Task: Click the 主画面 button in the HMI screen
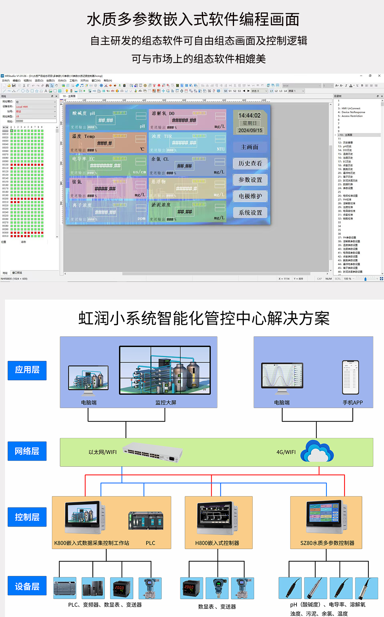tap(250, 147)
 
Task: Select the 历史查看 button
tap(250, 163)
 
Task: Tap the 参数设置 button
tap(250, 180)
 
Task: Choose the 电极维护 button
tap(250, 196)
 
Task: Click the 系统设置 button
tap(250, 212)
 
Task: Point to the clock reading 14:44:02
tap(250, 116)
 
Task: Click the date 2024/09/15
tap(250, 131)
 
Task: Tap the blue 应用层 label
tap(27, 370)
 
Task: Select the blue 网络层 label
tap(27, 451)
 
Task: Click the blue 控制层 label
tap(27, 517)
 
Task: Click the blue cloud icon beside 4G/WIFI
tap(317, 451)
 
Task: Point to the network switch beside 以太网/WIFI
tap(153, 452)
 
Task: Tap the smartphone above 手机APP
tap(351, 377)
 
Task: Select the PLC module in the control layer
tap(146, 521)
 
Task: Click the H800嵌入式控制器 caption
tap(217, 543)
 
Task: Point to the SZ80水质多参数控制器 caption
tap(327, 543)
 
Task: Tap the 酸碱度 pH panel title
tap(84, 114)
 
